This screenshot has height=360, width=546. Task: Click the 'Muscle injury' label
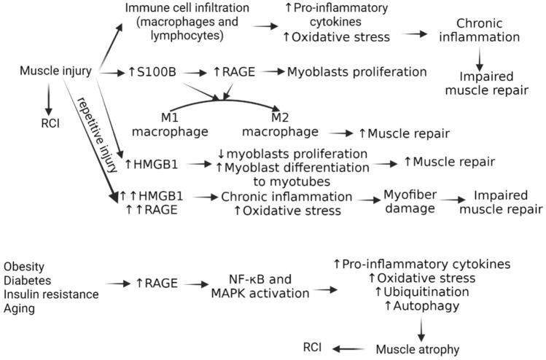point(57,71)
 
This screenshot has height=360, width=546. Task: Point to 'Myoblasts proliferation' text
point(356,72)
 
